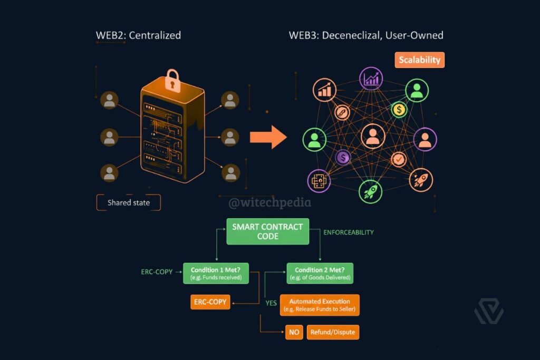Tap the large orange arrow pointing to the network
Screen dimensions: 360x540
tap(267, 138)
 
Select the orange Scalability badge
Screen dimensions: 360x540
tap(419, 60)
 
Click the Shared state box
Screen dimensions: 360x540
tap(129, 202)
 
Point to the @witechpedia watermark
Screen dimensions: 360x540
tap(269, 202)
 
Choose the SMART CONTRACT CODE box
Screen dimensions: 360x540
tap(267, 231)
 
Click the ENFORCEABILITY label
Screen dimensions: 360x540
tap(349, 232)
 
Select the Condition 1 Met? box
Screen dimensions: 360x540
tap(216, 273)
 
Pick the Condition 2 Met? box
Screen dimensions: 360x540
tap(320, 273)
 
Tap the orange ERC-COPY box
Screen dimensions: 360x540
tap(210, 302)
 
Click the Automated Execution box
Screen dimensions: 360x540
tap(320, 305)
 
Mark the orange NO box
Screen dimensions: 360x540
tap(294, 333)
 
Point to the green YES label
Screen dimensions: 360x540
tap(271, 303)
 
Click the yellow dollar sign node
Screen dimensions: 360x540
tap(399, 110)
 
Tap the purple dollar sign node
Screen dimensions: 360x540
tap(343, 157)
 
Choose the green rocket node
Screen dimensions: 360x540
tap(370, 191)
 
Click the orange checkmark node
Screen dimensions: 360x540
tap(399, 159)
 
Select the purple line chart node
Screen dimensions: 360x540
tap(371, 79)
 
